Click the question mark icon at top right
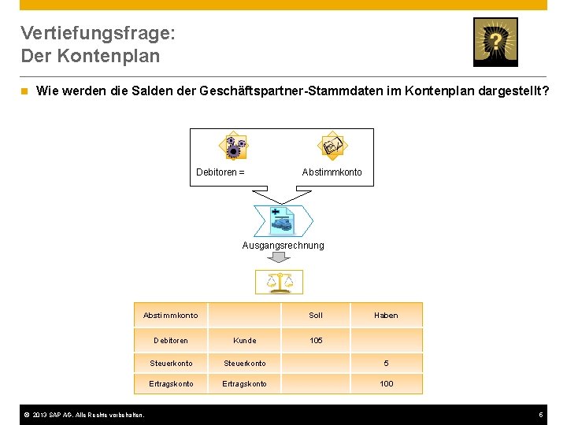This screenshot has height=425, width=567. coord(495,42)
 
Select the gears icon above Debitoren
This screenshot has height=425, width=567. coord(232,146)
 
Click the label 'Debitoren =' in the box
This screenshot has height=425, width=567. coord(220,172)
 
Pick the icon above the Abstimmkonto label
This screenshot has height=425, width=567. coord(332,146)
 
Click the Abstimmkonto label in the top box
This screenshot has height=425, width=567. coord(332,172)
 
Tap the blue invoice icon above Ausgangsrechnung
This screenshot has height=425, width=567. coord(282,221)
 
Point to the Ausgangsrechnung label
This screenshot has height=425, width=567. coord(283,246)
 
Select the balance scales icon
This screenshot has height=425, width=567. coord(280,281)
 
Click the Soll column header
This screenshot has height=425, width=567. coord(316,315)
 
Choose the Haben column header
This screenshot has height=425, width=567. coord(386,315)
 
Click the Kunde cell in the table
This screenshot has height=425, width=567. coord(245,340)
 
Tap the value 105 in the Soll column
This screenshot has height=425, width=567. coord(316,340)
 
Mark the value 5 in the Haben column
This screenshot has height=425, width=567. coord(386,364)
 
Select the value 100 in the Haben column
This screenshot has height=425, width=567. coord(386,383)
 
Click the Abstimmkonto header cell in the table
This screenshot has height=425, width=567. coord(171,315)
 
